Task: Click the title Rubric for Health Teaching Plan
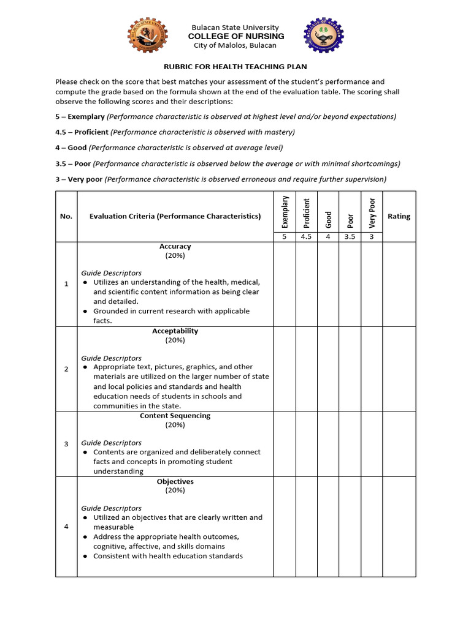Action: point(235,66)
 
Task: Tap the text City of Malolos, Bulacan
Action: point(235,45)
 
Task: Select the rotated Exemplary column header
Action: point(285,212)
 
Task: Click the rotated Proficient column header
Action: point(307,212)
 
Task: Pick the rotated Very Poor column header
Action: point(372,212)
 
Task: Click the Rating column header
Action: point(399,216)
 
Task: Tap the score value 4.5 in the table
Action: point(307,237)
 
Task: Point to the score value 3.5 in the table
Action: point(350,237)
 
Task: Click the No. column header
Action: point(66,216)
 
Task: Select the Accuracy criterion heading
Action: point(175,246)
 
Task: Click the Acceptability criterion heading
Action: point(175,331)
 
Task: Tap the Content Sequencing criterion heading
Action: point(175,416)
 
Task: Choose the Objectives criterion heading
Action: point(175,481)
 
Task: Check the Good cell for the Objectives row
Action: point(328,527)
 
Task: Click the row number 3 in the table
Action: point(66,444)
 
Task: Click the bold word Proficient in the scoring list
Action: point(92,132)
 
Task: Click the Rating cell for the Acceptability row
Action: point(399,369)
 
